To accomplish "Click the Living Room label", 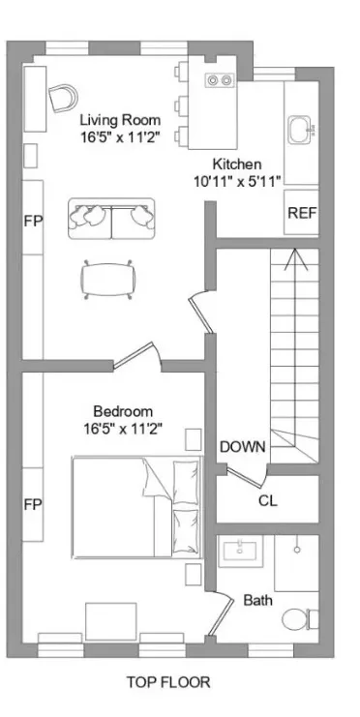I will (120, 120).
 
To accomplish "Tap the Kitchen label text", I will (236, 164).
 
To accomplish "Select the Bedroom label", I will (122, 410).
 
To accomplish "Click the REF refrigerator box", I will (302, 214).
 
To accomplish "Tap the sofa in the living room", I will (111, 219).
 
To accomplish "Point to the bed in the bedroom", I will (136, 506).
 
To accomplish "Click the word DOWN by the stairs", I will (243, 447).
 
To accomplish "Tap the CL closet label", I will (268, 500).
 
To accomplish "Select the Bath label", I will (257, 600).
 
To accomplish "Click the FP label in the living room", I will (32, 220).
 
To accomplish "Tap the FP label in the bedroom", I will (32, 504).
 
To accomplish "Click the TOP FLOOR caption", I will (167, 682).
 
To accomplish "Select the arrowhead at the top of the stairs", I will (295, 257).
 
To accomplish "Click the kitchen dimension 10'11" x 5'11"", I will (235, 181).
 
